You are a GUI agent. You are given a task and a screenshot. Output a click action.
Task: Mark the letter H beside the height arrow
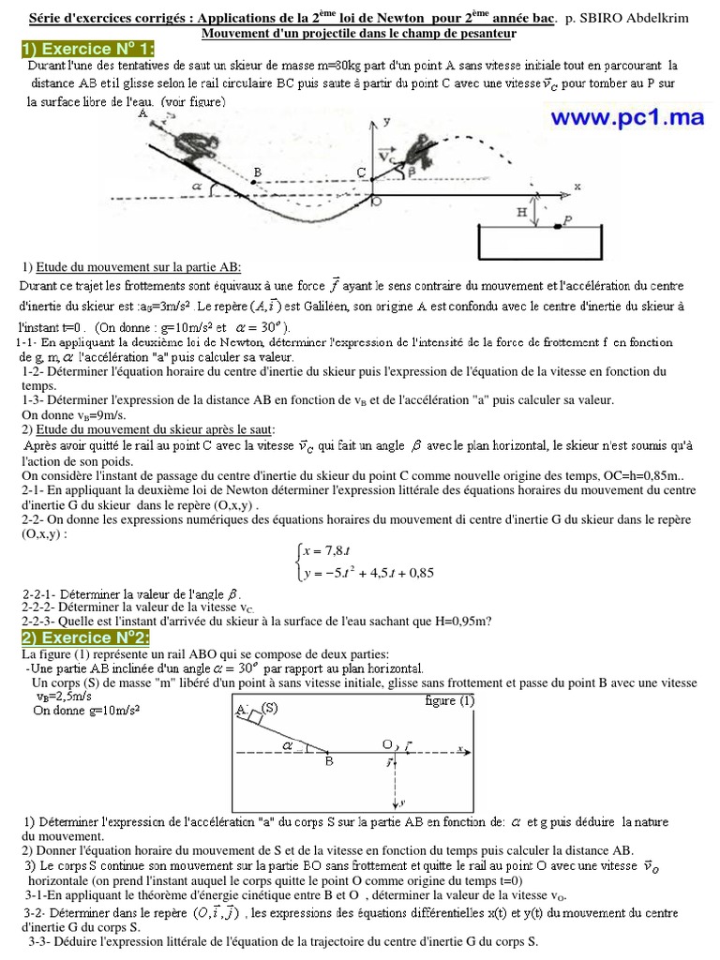click(x=522, y=213)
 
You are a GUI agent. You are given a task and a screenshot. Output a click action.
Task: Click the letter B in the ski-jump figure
click(x=258, y=172)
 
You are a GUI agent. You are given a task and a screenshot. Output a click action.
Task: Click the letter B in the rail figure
click(x=329, y=762)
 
